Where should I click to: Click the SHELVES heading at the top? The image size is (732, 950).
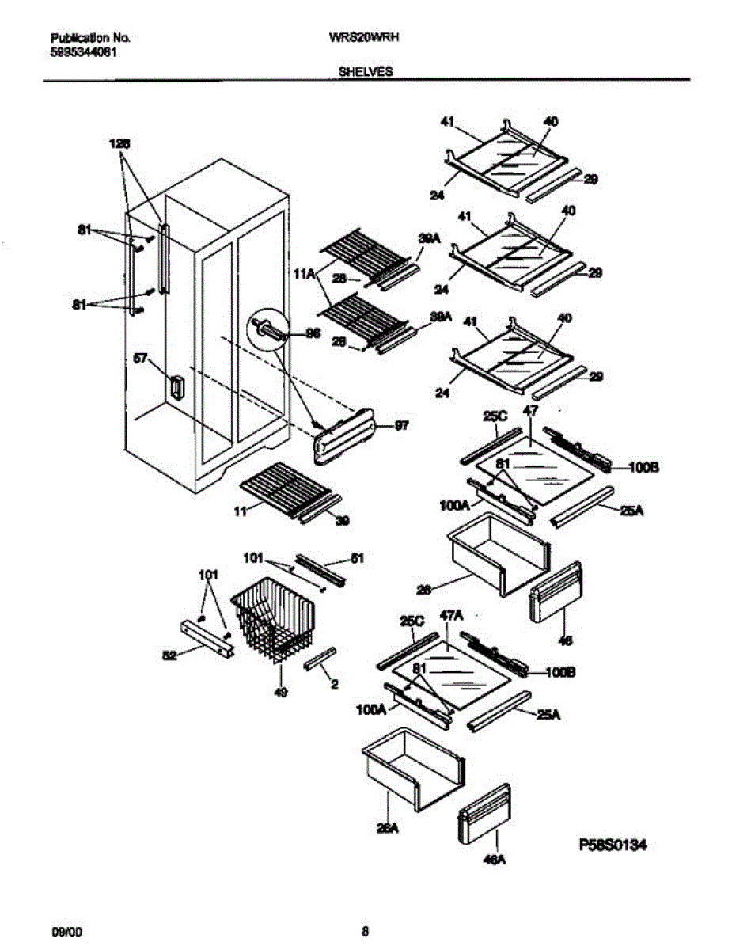click(x=366, y=71)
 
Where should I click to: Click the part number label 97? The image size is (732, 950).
click(x=401, y=427)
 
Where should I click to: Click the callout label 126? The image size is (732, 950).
click(x=119, y=143)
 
